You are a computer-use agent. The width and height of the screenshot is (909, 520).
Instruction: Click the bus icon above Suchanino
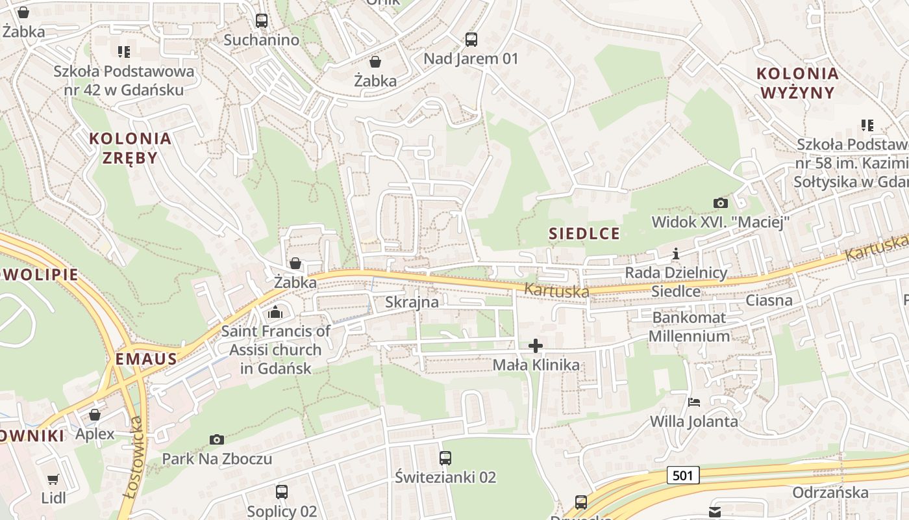point(262,21)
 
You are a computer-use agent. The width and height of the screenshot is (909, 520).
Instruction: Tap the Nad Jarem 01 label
point(471,58)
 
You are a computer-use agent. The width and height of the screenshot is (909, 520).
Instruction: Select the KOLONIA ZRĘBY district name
point(131,148)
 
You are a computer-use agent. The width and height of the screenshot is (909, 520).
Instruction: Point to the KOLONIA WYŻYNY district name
point(797,83)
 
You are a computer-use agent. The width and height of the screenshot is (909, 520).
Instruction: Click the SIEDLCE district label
point(584,233)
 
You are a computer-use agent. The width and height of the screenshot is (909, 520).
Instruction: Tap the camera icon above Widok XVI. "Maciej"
point(720,203)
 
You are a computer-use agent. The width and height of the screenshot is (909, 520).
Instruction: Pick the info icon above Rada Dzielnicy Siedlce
point(676,253)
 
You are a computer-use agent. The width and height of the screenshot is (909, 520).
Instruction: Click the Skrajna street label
point(412,302)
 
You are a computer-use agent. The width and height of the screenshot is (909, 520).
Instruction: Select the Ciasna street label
point(769,300)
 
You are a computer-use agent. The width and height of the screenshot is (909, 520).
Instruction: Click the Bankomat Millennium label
point(689,327)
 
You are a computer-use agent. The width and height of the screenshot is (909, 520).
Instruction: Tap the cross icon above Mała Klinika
point(536,346)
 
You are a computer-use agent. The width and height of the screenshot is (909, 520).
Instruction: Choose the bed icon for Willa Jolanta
point(694,402)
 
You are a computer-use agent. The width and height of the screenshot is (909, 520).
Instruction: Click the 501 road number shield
point(682,476)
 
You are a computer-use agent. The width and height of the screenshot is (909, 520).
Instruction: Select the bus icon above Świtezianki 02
point(445,458)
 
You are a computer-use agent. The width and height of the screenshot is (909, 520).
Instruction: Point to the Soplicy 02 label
point(282,511)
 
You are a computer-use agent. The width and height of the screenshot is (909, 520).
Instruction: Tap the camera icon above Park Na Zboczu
point(217,440)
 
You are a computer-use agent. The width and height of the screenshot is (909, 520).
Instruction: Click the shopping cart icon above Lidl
point(53,480)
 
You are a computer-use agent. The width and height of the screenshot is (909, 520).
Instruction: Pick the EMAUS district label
point(146,359)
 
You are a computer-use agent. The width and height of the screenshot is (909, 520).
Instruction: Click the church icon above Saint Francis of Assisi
point(275,313)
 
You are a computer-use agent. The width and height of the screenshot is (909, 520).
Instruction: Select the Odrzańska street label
point(830,492)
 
